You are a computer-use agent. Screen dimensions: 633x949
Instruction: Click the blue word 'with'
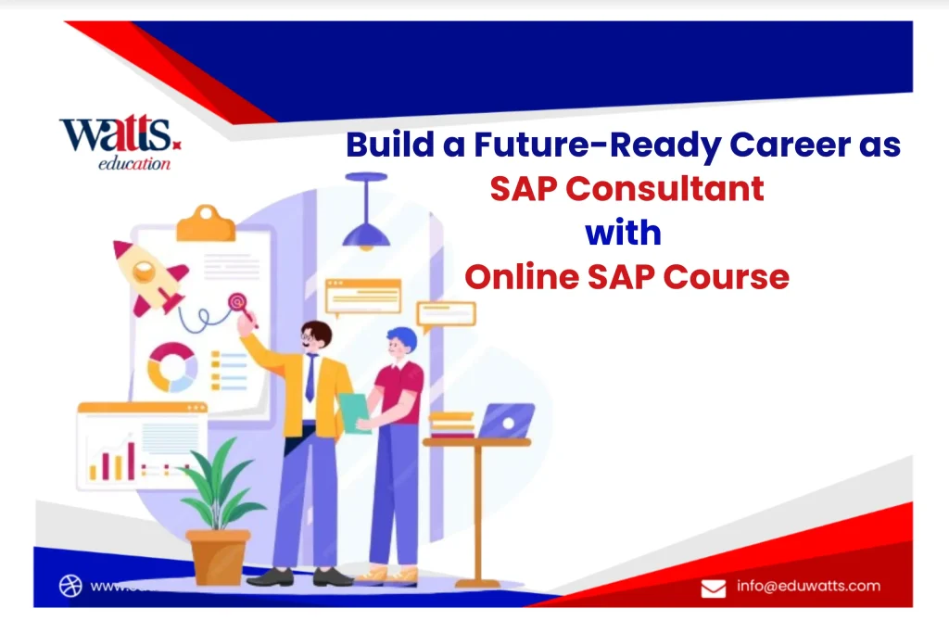[x=623, y=233]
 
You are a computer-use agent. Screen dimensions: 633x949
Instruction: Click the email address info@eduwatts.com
[x=808, y=586]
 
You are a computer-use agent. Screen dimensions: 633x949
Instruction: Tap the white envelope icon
[x=713, y=588]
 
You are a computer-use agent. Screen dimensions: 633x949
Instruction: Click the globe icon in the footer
[x=70, y=586]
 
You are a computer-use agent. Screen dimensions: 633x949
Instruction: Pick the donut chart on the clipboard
[x=172, y=366]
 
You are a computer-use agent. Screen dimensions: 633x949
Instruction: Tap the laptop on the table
[x=505, y=422]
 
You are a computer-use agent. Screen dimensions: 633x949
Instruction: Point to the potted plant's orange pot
[x=218, y=556]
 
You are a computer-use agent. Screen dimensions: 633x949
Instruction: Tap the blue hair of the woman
[x=401, y=337]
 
